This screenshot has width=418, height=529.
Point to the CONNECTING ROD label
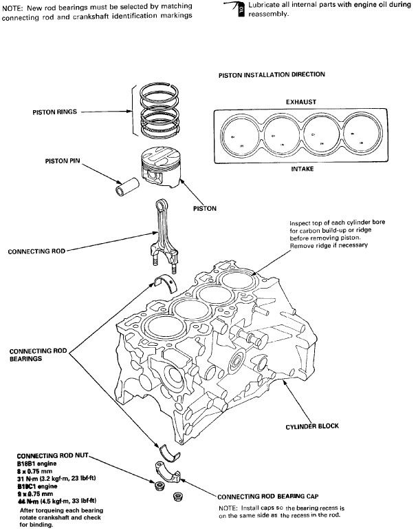tap(36, 251)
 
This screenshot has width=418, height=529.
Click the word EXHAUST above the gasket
tap(300, 101)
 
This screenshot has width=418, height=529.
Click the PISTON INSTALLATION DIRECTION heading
tap(272, 74)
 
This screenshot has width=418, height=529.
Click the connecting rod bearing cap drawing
tap(166, 477)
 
